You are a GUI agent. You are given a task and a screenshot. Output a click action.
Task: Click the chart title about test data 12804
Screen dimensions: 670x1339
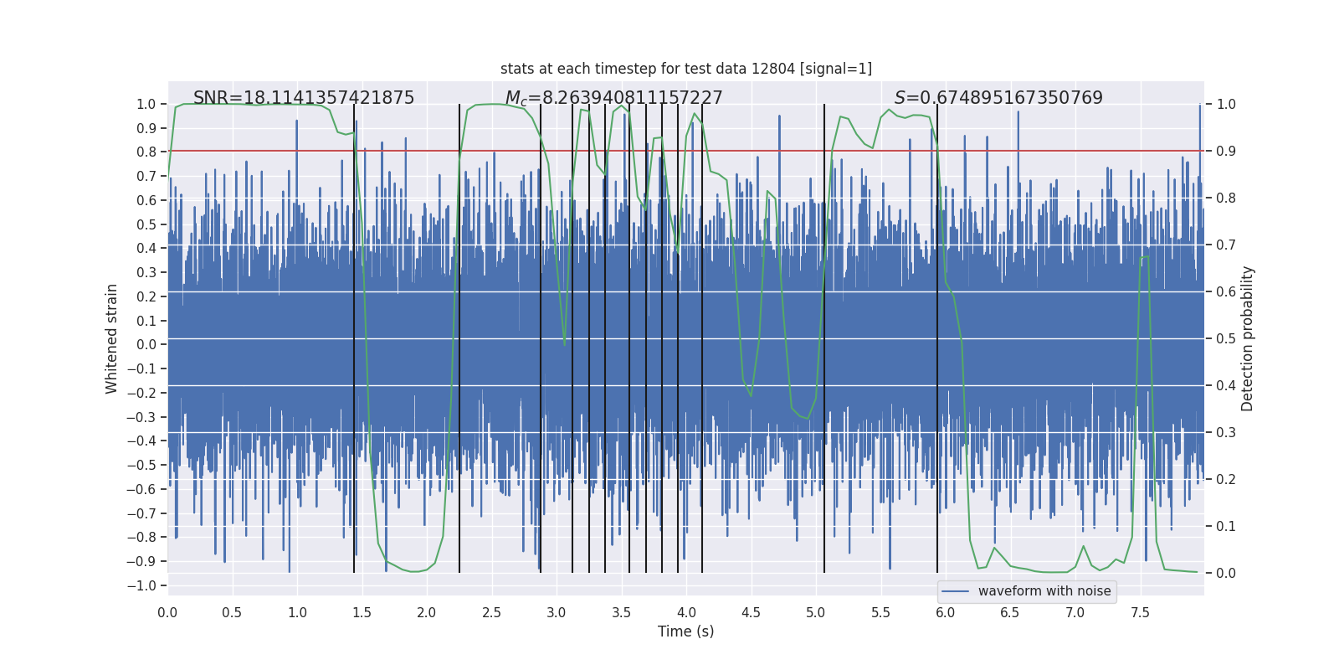(686, 69)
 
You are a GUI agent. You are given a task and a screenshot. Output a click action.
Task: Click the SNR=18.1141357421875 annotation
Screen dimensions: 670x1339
(304, 98)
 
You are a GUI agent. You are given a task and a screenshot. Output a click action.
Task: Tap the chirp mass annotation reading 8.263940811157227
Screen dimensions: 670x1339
(613, 98)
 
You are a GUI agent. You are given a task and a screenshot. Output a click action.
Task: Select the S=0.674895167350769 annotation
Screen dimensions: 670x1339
(998, 98)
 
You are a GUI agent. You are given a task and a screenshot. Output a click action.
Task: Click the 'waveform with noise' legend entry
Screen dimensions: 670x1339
(1044, 591)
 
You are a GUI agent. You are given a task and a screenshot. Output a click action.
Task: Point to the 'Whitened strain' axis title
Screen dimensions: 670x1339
(112, 338)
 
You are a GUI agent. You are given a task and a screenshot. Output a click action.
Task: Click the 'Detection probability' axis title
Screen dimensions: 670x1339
(1248, 338)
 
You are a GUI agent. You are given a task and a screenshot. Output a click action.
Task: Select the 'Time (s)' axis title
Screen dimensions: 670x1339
(686, 631)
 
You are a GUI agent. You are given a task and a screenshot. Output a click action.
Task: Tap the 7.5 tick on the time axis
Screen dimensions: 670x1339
(1140, 612)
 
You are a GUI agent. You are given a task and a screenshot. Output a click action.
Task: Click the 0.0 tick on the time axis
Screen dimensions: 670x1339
(167, 612)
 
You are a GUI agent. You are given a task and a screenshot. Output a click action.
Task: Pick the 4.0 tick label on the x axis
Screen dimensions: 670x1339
(686, 612)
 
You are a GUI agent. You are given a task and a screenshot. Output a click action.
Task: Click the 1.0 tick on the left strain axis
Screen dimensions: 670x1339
(146, 104)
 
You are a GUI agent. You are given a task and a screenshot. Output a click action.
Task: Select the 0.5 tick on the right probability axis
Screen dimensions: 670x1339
(1226, 338)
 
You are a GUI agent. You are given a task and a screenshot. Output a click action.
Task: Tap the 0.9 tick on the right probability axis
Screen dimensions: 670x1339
(1226, 151)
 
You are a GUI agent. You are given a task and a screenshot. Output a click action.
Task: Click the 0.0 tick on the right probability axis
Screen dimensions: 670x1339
(1226, 573)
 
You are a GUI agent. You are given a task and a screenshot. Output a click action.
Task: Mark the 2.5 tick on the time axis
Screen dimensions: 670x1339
(491, 612)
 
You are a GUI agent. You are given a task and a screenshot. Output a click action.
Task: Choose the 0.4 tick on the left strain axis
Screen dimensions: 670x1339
(146, 248)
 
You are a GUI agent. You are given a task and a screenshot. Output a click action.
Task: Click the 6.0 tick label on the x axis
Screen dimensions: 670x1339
(946, 612)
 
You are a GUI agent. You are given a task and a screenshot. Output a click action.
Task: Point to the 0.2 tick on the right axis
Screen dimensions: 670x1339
(1226, 479)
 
